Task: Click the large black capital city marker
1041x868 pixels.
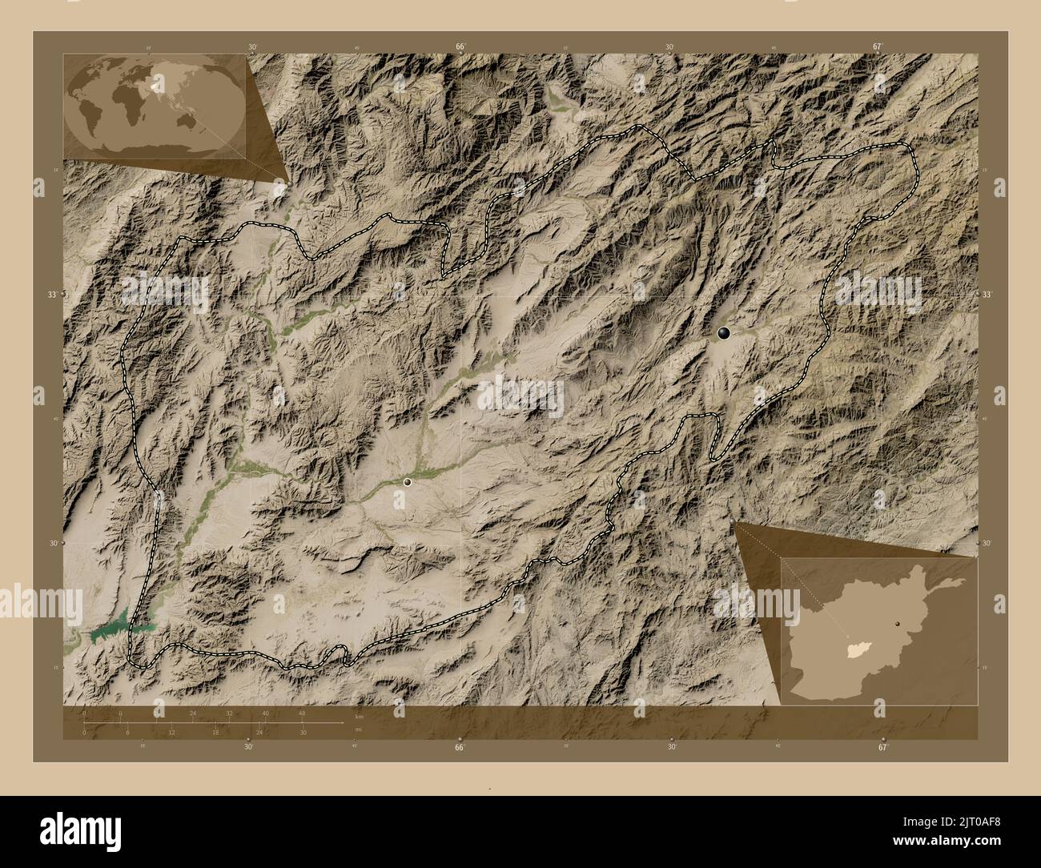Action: point(724,333)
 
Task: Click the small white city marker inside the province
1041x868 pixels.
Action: point(408,482)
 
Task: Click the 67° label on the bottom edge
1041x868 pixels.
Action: point(882,747)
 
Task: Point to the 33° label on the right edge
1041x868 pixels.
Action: point(987,295)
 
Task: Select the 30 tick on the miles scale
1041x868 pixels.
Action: point(303,732)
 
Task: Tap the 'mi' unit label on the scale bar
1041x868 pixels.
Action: point(358,728)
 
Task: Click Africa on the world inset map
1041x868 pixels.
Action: point(121,100)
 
